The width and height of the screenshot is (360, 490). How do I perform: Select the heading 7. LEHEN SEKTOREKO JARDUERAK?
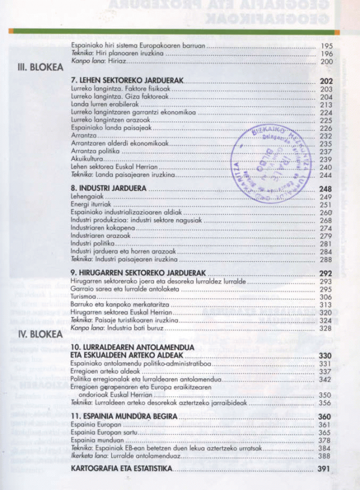click(127, 80)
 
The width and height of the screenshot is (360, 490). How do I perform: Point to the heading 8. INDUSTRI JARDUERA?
click(109, 188)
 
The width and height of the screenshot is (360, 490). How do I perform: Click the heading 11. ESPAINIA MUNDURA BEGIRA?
click(123, 416)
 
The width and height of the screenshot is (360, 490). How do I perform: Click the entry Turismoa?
click(83, 297)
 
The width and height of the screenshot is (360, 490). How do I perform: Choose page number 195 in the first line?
click(326, 46)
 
